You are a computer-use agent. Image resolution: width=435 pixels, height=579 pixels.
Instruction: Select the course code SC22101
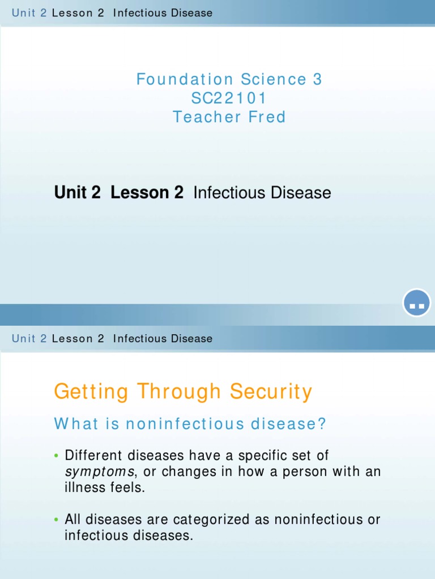click(x=229, y=98)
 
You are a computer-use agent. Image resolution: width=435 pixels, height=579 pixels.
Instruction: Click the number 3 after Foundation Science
click(x=317, y=79)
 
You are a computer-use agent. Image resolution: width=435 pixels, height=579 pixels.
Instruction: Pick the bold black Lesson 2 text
click(x=147, y=193)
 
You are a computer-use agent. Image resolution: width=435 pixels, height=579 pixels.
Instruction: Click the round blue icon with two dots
click(x=417, y=304)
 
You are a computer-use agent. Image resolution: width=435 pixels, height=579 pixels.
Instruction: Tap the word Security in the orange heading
click(x=271, y=392)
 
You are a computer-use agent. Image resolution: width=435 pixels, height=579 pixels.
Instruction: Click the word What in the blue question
click(x=76, y=424)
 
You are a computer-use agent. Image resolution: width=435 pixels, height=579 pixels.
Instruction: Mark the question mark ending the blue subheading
click(x=323, y=424)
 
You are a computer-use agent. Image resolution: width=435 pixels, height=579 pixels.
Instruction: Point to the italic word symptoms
click(x=100, y=472)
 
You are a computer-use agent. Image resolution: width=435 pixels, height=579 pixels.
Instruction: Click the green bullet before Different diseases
click(x=57, y=456)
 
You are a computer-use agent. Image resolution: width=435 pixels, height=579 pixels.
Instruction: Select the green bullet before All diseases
click(x=57, y=520)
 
